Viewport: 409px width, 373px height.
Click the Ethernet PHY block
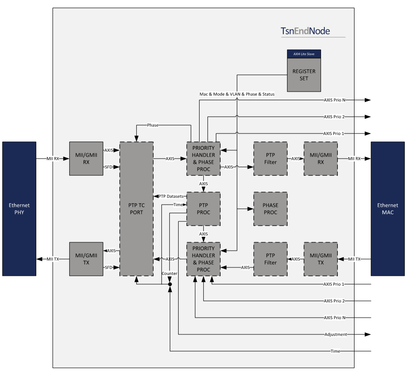(x=19, y=209)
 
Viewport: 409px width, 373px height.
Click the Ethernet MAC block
(x=388, y=209)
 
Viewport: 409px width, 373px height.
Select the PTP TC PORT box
(x=136, y=209)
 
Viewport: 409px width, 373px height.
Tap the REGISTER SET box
(x=304, y=74)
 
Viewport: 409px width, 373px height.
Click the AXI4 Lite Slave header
(x=304, y=54)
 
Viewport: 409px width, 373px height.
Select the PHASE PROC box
(x=270, y=209)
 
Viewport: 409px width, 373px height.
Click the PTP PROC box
(x=203, y=209)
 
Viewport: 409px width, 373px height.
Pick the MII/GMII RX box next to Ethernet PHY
(x=86, y=159)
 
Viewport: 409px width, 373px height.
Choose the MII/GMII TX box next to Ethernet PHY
(x=86, y=259)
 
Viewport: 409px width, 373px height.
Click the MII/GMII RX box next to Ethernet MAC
(x=321, y=159)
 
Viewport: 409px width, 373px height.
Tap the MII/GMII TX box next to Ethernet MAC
(x=321, y=259)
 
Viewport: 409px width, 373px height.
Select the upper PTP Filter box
(x=270, y=159)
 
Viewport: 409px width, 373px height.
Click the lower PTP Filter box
(x=270, y=259)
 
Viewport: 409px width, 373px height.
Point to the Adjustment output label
(x=337, y=334)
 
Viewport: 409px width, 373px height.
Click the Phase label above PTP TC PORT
(x=153, y=125)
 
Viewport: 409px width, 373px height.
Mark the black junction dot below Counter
(x=170, y=284)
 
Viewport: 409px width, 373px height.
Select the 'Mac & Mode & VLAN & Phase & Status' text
(x=237, y=94)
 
